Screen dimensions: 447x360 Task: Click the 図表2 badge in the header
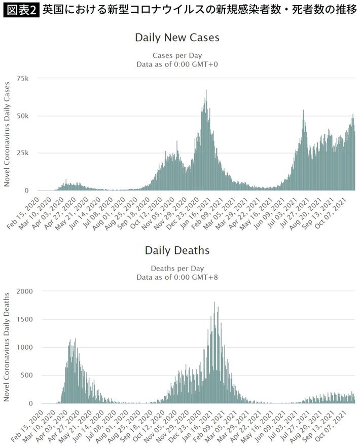[x=21, y=10]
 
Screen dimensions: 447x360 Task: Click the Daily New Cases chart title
[x=177, y=38]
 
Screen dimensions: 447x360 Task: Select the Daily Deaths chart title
[x=177, y=250]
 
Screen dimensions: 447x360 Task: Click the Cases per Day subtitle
[x=177, y=55]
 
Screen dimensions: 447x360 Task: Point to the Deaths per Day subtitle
[x=177, y=268]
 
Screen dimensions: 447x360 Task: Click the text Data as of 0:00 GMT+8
[x=177, y=277]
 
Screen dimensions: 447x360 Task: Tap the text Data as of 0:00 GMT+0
[x=177, y=64]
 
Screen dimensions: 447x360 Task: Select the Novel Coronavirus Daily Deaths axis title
[x=8, y=347]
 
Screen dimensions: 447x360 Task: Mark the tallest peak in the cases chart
[x=206, y=91]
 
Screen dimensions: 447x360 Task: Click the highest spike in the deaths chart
[x=214, y=303]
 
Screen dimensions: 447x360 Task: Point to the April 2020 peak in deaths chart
[x=75, y=340]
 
